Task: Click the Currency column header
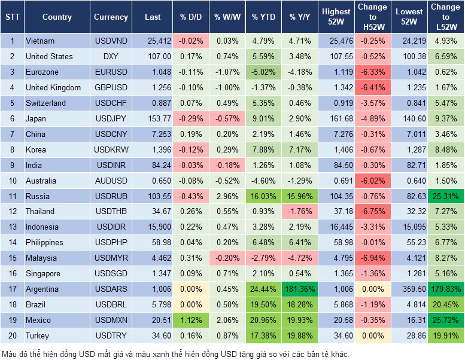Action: pyautogui.click(x=111, y=17)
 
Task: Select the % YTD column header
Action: pyautogui.click(x=263, y=17)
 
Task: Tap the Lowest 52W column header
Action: pyautogui.click(x=410, y=17)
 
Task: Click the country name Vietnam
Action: pyautogui.click(x=40, y=41)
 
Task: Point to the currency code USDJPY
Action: pyautogui.click(x=111, y=119)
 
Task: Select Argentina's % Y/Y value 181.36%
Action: pyautogui.click(x=300, y=289)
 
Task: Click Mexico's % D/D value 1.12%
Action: pyautogui.click(x=190, y=321)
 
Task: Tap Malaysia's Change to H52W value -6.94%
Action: pyautogui.click(x=372, y=258)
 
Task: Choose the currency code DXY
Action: pyautogui.click(x=111, y=57)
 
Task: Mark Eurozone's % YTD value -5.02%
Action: pyautogui.click(x=263, y=72)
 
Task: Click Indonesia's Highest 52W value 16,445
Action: pyautogui.click(x=336, y=227)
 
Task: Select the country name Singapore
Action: pyautogui.click(x=43, y=274)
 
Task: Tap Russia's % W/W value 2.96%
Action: pyautogui.click(x=227, y=196)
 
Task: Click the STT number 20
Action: pyautogui.click(x=12, y=336)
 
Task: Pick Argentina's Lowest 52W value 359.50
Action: pyautogui.click(x=410, y=289)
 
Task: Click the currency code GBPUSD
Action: pyautogui.click(x=111, y=88)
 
